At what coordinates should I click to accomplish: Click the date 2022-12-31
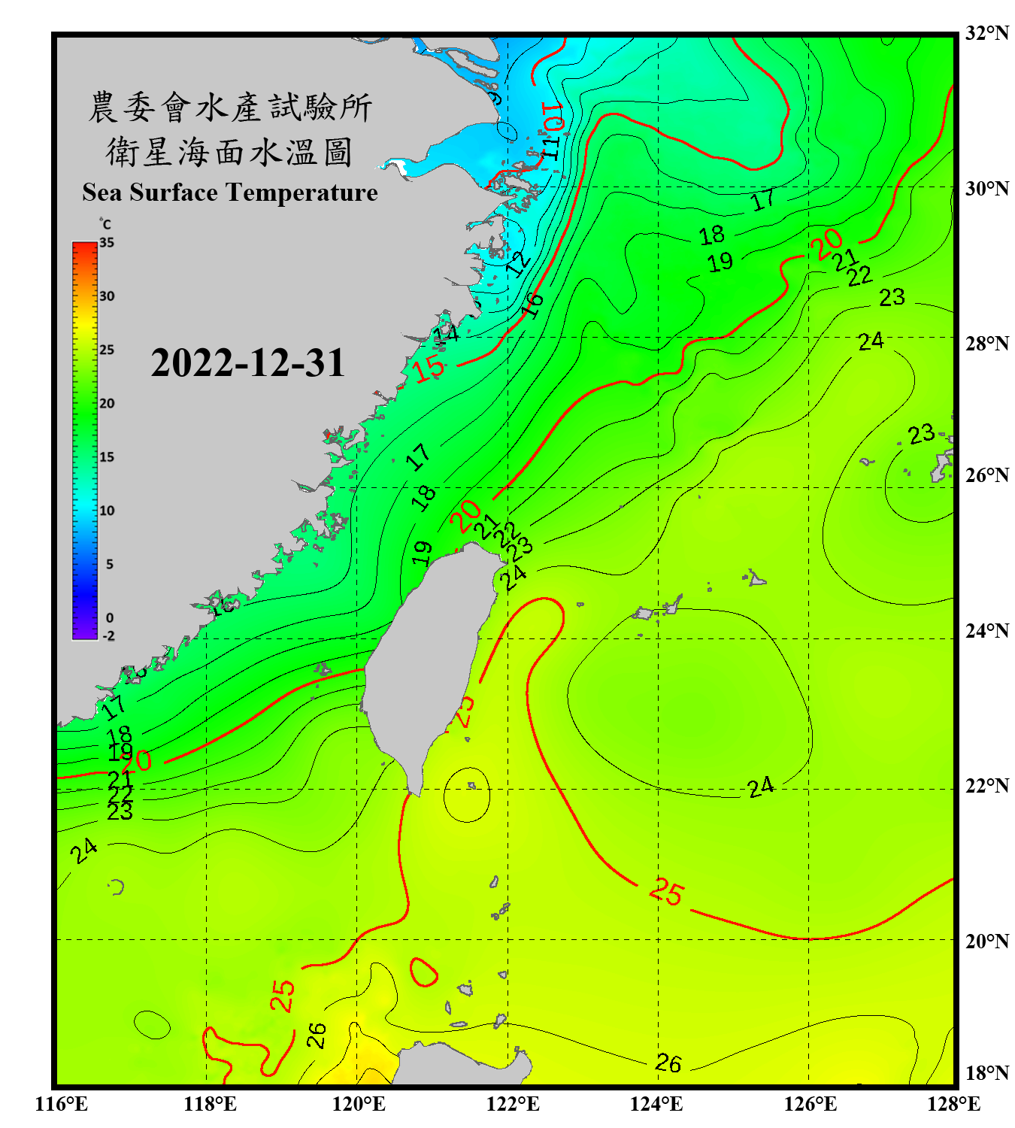247,363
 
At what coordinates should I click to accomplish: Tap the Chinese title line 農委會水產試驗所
229,108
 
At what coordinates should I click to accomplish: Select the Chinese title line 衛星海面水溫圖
229,152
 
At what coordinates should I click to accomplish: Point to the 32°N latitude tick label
986,33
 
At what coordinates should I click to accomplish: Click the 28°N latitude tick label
986,344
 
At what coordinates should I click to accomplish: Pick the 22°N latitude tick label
986,786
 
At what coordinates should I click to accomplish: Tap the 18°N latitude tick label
986,1073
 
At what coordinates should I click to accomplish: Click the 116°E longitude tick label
62,1104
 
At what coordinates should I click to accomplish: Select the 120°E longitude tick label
359,1104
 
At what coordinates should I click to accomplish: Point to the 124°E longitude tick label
656,1104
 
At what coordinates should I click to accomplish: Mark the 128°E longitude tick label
953,1104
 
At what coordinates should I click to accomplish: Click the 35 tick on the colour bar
107,243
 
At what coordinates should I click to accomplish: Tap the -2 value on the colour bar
108,635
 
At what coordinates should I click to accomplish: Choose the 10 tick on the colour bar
107,511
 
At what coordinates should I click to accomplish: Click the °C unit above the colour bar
105,225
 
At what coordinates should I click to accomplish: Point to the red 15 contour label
429,369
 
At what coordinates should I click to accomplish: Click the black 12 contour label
518,264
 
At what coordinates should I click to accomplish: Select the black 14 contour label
446,332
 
